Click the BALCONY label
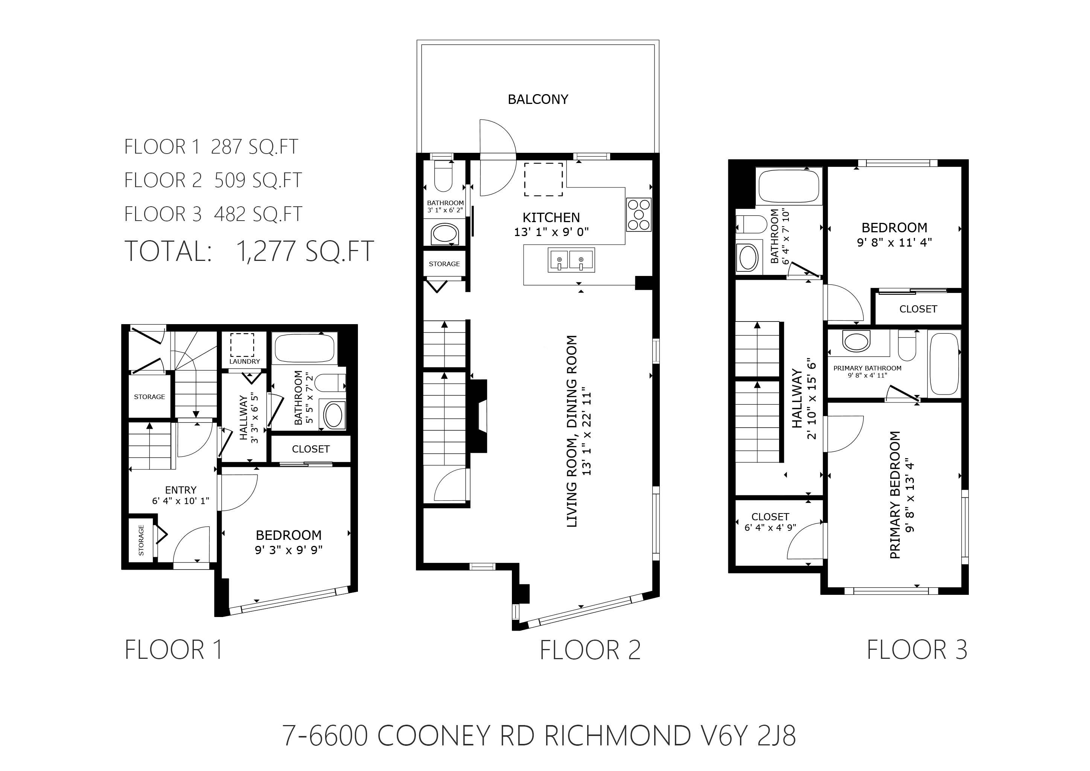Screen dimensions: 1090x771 (x=538, y=99)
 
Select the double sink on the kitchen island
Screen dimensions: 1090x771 (x=571, y=260)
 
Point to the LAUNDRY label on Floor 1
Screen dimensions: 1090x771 (x=245, y=361)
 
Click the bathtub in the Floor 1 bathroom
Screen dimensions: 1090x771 (x=304, y=349)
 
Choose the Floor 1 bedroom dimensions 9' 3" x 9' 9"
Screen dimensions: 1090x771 (x=289, y=550)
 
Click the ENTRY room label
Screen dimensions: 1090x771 (x=180, y=490)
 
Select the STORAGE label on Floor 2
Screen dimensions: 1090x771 (x=445, y=264)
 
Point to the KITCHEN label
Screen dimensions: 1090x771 (x=551, y=218)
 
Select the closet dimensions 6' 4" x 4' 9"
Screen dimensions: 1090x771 (x=770, y=527)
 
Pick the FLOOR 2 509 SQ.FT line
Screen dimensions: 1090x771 (x=213, y=180)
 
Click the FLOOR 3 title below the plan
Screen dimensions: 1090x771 (x=917, y=649)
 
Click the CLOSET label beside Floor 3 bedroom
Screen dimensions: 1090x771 (x=918, y=309)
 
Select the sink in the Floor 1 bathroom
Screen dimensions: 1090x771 (x=334, y=414)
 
